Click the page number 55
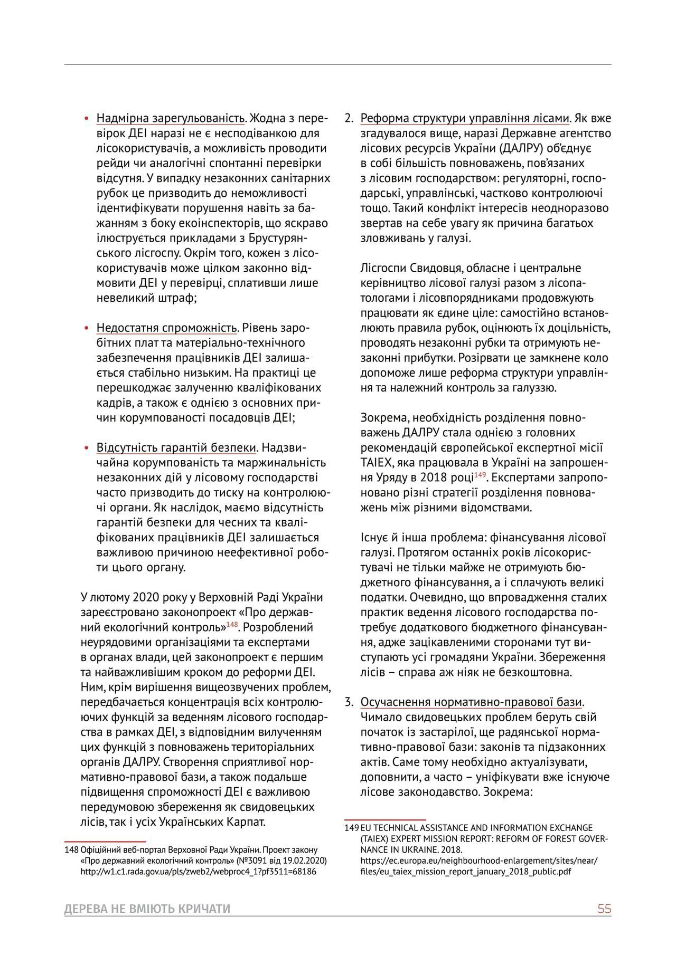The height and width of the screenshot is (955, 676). (604, 909)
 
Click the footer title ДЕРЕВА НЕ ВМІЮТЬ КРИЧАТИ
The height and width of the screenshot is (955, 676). (147, 909)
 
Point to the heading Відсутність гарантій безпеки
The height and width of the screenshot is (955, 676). (176, 448)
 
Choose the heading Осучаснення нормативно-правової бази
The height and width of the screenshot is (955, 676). (471, 702)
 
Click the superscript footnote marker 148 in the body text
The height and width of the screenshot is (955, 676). (232, 625)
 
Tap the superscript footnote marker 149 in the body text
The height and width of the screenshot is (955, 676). (480, 475)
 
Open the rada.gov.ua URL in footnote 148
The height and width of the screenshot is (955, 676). (198, 872)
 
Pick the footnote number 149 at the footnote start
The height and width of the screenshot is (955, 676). (352, 828)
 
